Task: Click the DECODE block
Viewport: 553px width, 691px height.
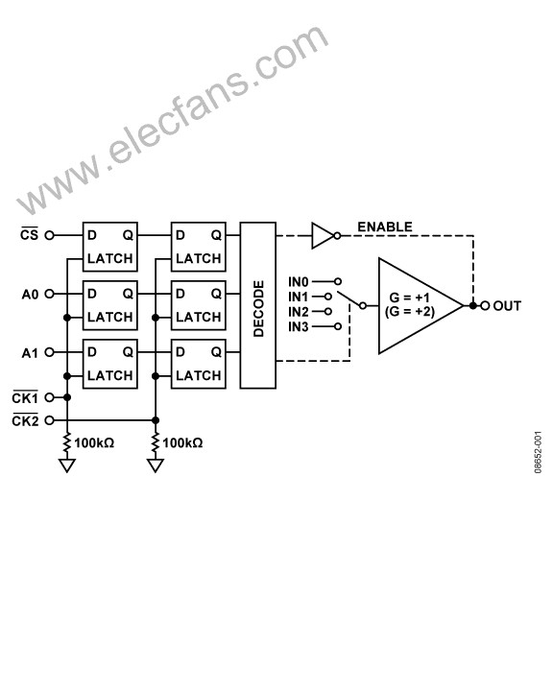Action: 258,305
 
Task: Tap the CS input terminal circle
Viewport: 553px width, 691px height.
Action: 49,235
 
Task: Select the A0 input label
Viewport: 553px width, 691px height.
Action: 30,295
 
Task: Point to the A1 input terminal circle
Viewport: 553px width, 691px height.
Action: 49,352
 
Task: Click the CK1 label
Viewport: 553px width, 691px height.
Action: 25,398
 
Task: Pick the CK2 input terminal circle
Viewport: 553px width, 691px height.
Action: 49,420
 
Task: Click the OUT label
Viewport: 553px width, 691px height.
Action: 507,306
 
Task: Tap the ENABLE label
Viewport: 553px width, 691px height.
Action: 385,226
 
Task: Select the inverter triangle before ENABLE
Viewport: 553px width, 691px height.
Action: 323,236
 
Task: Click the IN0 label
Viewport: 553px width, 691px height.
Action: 299,281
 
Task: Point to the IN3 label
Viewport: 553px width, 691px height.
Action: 299,327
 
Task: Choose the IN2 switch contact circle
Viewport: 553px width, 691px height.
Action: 328,312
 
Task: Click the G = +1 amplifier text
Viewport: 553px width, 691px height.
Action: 410,298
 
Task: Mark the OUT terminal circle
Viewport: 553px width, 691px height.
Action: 485,306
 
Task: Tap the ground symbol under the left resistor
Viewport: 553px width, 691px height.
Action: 67,465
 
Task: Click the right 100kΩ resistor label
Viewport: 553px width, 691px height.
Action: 182,442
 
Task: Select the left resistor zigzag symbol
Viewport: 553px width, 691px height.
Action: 67,442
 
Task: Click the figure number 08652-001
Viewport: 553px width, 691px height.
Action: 538,453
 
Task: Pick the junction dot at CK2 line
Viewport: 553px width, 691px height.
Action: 156,420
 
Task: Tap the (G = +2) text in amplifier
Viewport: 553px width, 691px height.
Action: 410,312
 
